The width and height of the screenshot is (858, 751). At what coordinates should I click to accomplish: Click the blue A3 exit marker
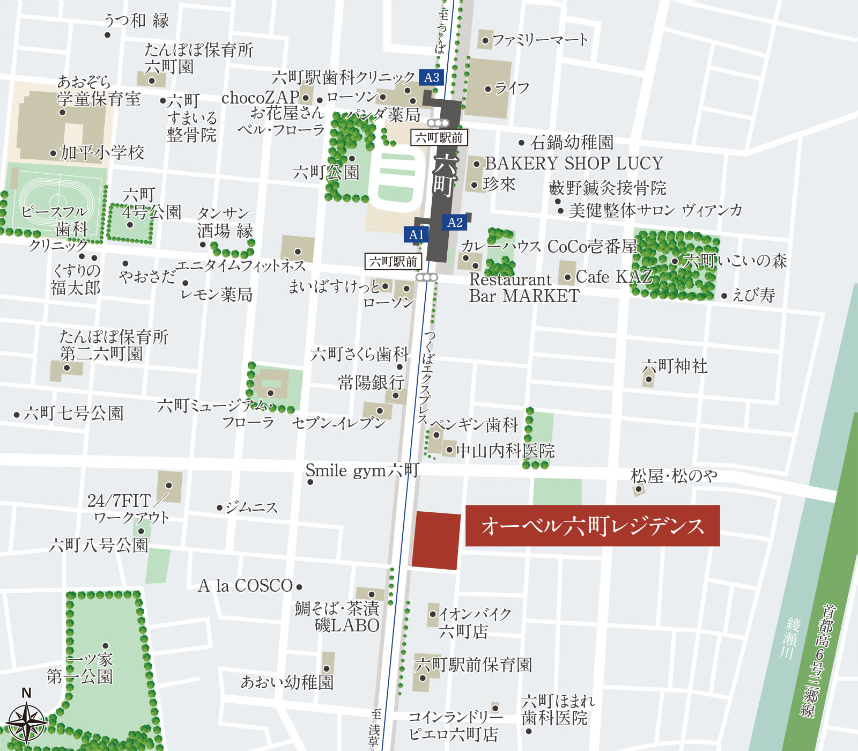pyautogui.click(x=431, y=78)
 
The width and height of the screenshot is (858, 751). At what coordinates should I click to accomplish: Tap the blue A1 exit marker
pyautogui.click(x=416, y=234)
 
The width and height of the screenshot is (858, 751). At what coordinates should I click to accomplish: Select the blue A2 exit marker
pyautogui.click(x=455, y=223)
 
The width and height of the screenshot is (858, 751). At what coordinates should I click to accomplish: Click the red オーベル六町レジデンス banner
pyautogui.click(x=592, y=526)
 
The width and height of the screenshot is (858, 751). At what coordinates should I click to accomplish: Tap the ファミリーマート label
pyautogui.click(x=539, y=40)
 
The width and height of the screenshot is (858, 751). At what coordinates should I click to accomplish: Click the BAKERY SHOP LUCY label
pyautogui.click(x=574, y=163)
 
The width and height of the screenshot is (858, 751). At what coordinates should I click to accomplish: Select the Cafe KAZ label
pyautogui.click(x=614, y=277)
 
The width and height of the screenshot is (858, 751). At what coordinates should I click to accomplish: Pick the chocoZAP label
pyautogui.click(x=260, y=98)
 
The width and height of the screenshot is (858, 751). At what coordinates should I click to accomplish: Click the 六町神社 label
pyautogui.click(x=675, y=366)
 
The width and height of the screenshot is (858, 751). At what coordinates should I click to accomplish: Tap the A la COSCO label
pyautogui.click(x=246, y=586)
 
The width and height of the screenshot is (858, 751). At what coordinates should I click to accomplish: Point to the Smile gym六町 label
pyautogui.click(x=362, y=470)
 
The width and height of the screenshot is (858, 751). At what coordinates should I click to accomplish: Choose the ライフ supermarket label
pyautogui.click(x=512, y=88)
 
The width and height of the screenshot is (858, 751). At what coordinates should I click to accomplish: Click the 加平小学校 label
pyautogui.click(x=102, y=153)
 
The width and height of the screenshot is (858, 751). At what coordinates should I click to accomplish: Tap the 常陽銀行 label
pyautogui.click(x=371, y=382)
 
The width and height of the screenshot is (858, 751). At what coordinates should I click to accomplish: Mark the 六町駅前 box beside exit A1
pyautogui.click(x=393, y=261)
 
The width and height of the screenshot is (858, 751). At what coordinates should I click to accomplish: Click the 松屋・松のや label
pyautogui.click(x=674, y=475)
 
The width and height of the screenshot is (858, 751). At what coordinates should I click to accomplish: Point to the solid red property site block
pyautogui.click(x=435, y=540)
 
